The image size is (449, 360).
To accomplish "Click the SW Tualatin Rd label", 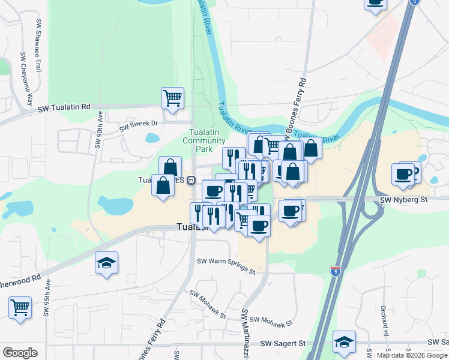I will tap(64, 107).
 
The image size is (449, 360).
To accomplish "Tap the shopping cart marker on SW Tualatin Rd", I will tap(172, 98).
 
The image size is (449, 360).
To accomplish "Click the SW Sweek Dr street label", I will tap(138, 125).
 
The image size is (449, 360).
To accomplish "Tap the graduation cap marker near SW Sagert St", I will tap(344, 342).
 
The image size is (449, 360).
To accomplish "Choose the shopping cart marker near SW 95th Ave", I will tap(20, 308).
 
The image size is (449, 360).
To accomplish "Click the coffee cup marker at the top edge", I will tap(375, 3).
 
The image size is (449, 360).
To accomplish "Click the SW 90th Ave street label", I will tap(98, 133).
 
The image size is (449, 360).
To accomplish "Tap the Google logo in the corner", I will tap(20, 353).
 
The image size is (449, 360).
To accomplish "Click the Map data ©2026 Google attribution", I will tap(412, 355).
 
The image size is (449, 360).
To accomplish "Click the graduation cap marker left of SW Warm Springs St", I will tap(106, 263).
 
